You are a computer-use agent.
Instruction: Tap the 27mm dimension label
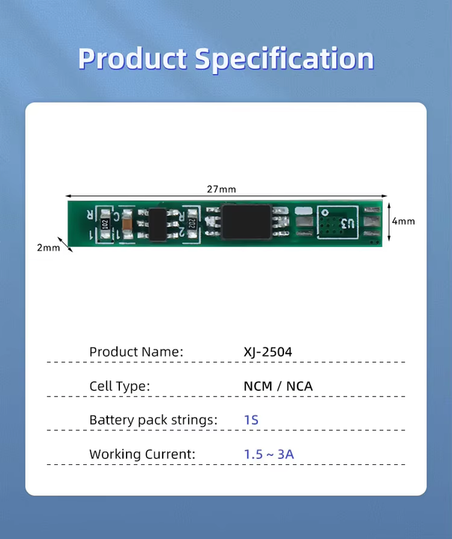(221, 189)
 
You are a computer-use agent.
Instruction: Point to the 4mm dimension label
(403, 221)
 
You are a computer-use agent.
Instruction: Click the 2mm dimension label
(48, 248)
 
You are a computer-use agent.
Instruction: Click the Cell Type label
(120, 386)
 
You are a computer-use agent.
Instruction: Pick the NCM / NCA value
(278, 386)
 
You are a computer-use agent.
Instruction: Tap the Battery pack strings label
(153, 420)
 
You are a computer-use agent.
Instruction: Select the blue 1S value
(251, 420)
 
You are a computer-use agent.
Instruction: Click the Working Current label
(142, 454)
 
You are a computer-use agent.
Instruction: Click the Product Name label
(136, 352)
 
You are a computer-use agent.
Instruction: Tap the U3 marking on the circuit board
(347, 223)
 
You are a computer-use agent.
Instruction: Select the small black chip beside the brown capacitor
(158, 222)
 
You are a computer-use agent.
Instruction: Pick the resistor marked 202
(192, 222)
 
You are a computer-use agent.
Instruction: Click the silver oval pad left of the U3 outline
(303, 212)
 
